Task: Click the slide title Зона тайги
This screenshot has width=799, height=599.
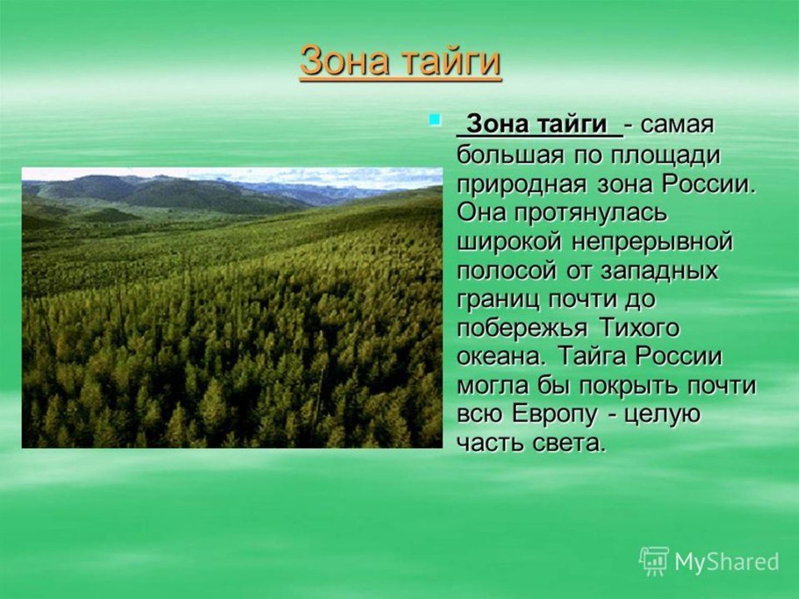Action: click(400, 63)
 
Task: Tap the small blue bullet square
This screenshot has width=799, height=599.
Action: click(434, 118)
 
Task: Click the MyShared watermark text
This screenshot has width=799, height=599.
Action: click(725, 562)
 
